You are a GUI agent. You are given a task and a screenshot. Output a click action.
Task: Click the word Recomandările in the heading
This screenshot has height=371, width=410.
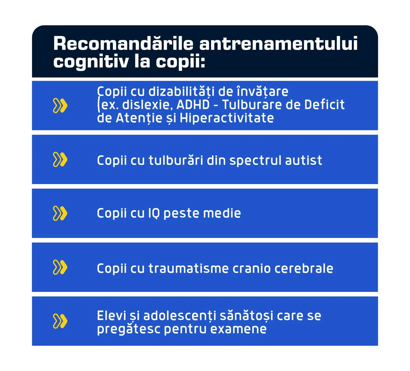pyautogui.click(x=123, y=43)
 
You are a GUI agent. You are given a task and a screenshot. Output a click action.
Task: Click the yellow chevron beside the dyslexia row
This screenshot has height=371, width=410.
pyautogui.click(x=60, y=105)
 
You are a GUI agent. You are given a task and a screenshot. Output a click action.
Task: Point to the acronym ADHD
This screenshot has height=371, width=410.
pyautogui.click(x=193, y=105)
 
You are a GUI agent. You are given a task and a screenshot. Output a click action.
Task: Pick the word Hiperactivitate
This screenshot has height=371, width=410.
pyautogui.click(x=227, y=118)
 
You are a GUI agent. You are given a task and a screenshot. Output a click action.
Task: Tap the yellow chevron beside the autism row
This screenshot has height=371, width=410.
pyautogui.click(x=60, y=159)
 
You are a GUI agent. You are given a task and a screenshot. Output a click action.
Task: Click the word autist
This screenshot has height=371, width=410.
pyautogui.click(x=303, y=160)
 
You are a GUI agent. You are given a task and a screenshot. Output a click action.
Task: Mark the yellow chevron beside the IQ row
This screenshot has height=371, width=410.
pyautogui.click(x=60, y=213)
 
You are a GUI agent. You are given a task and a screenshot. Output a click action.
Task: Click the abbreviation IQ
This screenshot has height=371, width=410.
pyautogui.click(x=154, y=213)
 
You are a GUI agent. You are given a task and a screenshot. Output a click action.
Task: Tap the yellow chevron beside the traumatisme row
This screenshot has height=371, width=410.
pyautogui.click(x=60, y=267)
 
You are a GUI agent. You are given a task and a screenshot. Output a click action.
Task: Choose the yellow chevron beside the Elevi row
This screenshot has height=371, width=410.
pyautogui.click(x=60, y=321)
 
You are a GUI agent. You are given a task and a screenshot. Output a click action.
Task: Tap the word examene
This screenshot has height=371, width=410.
pyautogui.click(x=238, y=329)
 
